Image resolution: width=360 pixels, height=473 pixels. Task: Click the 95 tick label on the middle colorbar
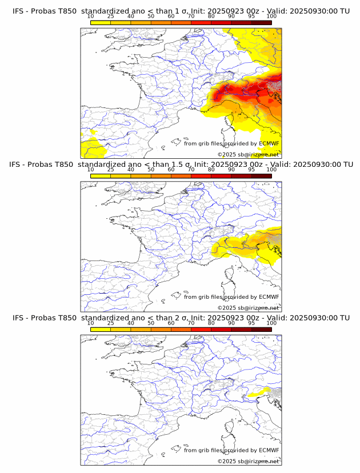[x=251, y=169]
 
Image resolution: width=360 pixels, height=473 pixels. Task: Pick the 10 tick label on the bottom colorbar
[x=90, y=323]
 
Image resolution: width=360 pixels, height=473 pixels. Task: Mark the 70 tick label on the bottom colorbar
[x=191, y=323]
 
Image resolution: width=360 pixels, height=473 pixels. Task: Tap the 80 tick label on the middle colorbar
[x=211, y=169]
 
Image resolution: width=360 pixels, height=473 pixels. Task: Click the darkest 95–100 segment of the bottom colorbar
[x=261, y=329]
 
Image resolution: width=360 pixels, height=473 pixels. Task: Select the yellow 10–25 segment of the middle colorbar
[x=101, y=175]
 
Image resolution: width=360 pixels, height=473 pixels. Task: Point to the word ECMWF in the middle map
[x=269, y=296]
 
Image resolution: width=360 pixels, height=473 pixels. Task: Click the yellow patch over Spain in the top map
[x=91, y=145]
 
